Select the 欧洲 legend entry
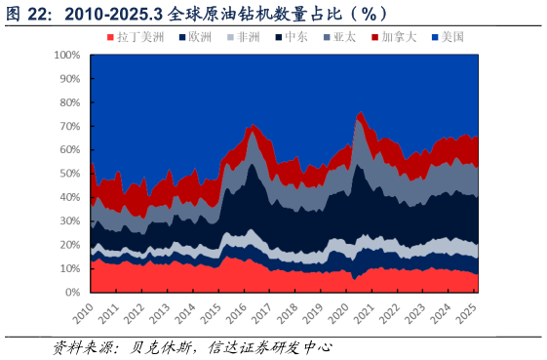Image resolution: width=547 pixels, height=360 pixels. coord(194,37)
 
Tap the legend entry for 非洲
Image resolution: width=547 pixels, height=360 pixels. coord(243,37)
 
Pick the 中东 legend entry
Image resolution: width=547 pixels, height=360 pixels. coord(292,37)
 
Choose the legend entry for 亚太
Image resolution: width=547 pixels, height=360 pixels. coord(340,37)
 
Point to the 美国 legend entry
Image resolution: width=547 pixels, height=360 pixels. coord(448,37)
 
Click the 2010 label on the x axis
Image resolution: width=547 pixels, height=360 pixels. coord(83,314)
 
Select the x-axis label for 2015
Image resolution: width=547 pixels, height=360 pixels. coord(210,314)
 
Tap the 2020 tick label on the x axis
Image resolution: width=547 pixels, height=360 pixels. coord(336,314)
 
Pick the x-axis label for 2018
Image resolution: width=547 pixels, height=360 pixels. coord(286,314)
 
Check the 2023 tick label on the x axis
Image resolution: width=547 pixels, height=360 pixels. coord(412,314)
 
